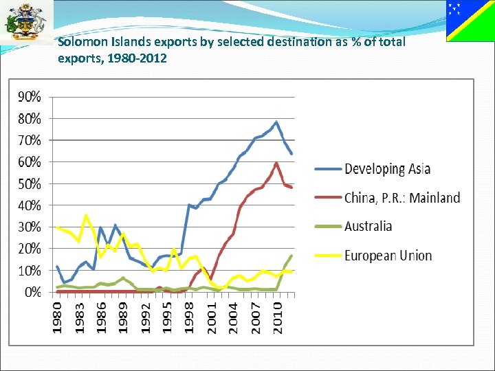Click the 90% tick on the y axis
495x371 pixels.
(x=29, y=96)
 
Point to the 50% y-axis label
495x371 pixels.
(x=29, y=183)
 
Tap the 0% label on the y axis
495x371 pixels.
(x=32, y=292)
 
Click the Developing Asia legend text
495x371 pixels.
(x=387, y=169)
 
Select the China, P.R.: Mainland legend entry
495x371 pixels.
(x=402, y=198)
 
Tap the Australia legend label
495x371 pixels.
(x=368, y=226)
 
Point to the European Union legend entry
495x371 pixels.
(x=388, y=256)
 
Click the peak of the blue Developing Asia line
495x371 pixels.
(x=276, y=122)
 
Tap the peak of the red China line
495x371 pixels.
(x=276, y=163)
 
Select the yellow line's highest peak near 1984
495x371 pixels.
(x=86, y=216)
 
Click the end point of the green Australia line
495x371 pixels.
(x=291, y=256)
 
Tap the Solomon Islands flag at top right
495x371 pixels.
(x=470, y=21)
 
